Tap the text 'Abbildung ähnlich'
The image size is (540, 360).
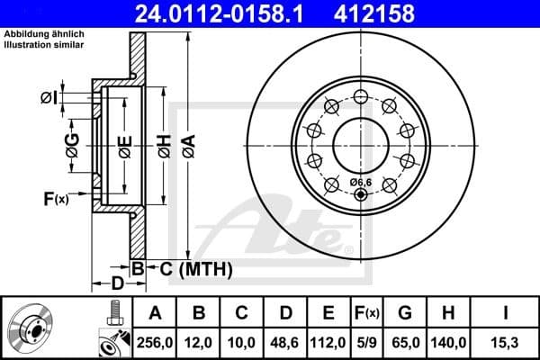[43, 34]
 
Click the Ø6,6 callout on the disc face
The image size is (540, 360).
[360, 184]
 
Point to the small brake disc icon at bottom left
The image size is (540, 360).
[32, 328]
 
